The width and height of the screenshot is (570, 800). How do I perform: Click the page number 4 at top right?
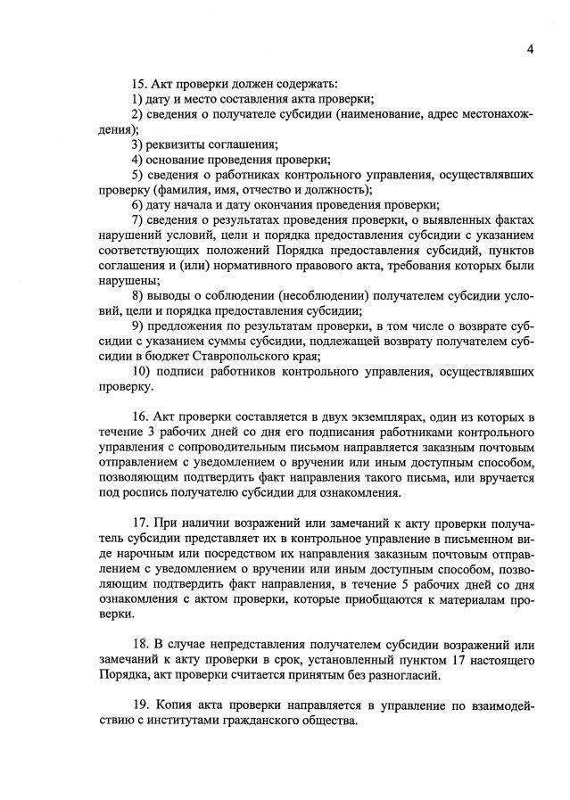point(530,49)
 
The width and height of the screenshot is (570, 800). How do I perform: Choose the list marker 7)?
point(138,219)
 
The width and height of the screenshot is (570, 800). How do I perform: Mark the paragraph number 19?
point(140,705)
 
